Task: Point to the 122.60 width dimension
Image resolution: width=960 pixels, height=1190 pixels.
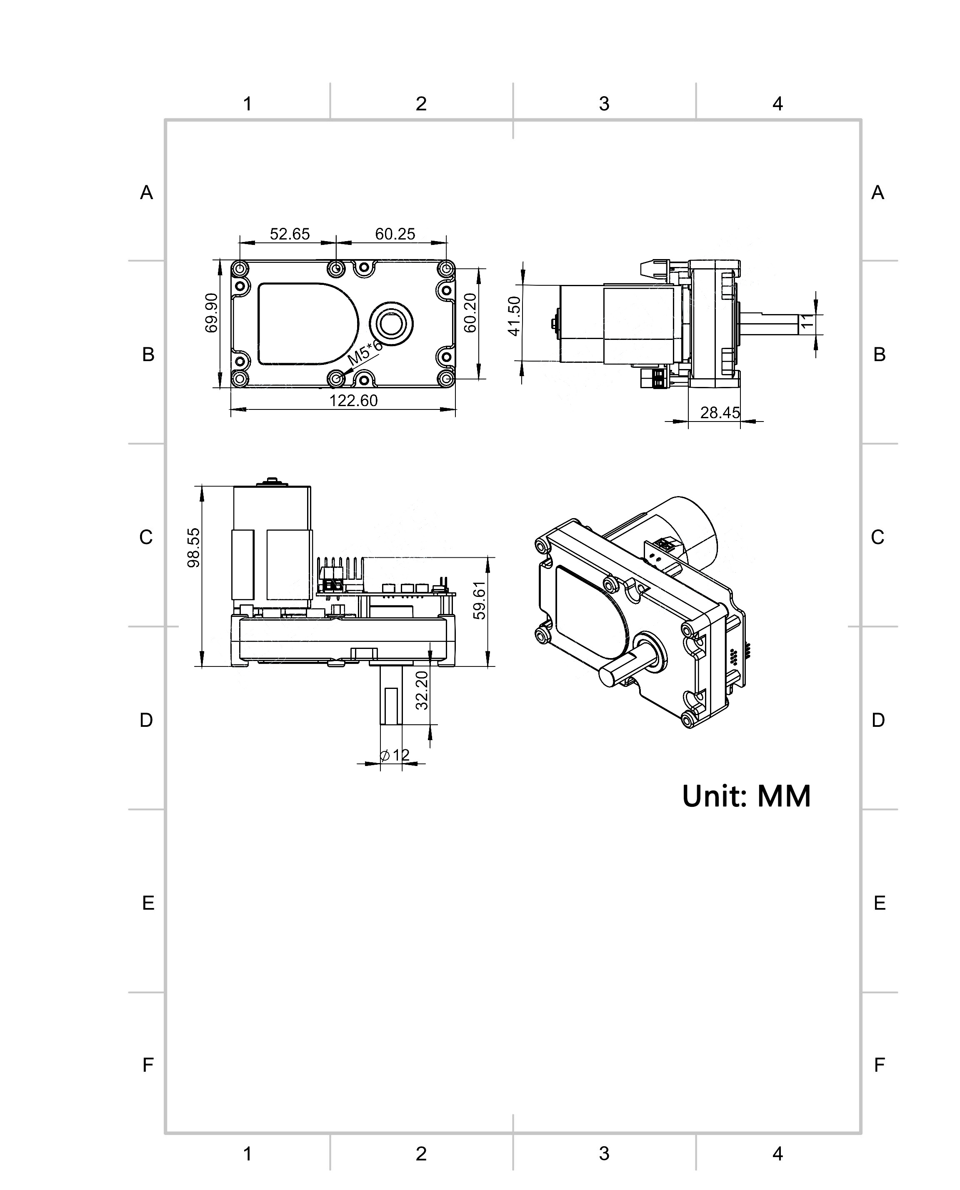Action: [353, 400]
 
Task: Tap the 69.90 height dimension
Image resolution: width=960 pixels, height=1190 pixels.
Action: [211, 313]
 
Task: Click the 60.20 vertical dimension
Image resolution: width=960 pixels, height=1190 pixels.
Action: [470, 313]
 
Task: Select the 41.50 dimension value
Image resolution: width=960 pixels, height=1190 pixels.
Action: [514, 316]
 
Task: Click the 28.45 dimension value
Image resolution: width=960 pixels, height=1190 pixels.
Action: [720, 412]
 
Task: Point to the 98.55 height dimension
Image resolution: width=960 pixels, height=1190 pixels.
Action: [194, 548]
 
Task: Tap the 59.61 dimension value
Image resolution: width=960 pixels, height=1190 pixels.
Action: [480, 600]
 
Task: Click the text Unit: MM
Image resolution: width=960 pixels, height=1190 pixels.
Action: [747, 796]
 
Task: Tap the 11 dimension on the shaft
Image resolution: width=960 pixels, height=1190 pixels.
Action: [808, 321]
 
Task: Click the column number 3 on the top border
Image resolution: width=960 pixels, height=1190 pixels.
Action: [605, 103]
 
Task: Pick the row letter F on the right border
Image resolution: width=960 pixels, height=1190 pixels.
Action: [879, 1065]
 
